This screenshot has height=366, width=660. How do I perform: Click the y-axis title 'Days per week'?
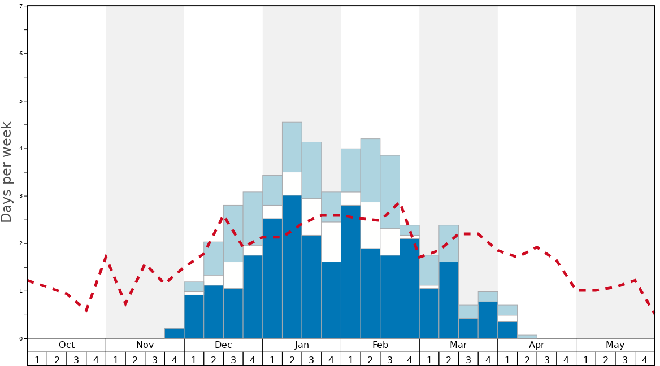pyautogui.click(x=7, y=172)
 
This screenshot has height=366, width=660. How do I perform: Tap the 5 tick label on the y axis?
pyautogui.click(x=21, y=101)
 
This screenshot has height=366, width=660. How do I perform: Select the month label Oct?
pyautogui.click(x=67, y=345)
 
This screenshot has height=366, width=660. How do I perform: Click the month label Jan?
pyautogui.click(x=302, y=345)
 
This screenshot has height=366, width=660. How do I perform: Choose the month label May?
pyautogui.click(x=615, y=345)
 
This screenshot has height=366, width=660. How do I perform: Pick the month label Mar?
pyautogui.click(x=458, y=345)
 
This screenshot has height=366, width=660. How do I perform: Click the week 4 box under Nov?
pyautogui.click(x=174, y=359)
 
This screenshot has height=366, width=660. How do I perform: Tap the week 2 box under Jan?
pyautogui.click(x=292, y=359)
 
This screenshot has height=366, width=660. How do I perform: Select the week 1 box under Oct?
pyautogui.click(x=37, y=359)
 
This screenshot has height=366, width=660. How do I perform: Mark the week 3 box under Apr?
pyautogui.click(x=546, y=359)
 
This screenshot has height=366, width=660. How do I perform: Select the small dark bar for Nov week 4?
pyautogui.click(x=174, y=333)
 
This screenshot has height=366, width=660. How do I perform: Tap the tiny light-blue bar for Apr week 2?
pyautogui.click(x=527, y=337)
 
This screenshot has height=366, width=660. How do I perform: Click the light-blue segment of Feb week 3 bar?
pyautogui.click(x=390, y=191)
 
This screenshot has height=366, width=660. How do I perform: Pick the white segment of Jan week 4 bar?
pyautogui.click(x=331, y=241)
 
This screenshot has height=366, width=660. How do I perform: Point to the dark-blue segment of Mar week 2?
pyautogui.click(x=449, y=299)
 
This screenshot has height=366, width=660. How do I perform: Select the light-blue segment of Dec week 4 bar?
pyautogui.click(x=253, y=218)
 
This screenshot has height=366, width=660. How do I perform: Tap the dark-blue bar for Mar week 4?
pyautogui.click(x=488, y=320)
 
